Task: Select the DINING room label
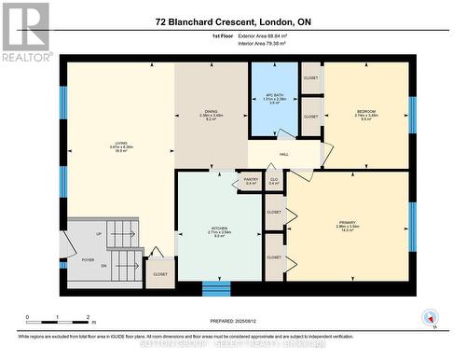(x=211, y=112)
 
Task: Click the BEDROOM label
(x=366, y=112)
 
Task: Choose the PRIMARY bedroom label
(x=348, y=222)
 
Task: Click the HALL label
(x=284, y=156)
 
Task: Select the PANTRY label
(x=251, y=179)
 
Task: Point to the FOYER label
(x=89, y=260)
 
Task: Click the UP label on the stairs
(x=99, y=234)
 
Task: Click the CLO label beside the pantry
(x=275, y=179)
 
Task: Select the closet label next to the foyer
(x=160, y=274)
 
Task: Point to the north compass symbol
(x=433, y=319)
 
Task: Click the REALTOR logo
(x=25, y=32)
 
